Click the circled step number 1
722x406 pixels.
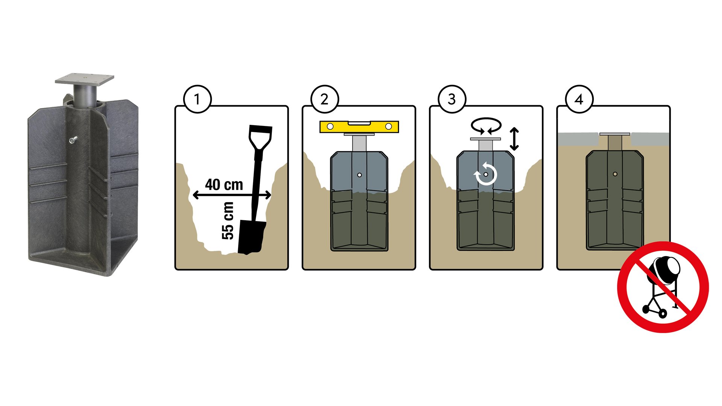(x=197, y=99)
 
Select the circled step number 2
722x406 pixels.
(x=325, y=99)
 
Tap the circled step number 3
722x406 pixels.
(x=452, y=99)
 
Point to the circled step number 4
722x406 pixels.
(x=579, y=99)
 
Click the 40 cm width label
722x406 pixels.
(x=224, y=185)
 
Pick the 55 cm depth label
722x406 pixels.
(x=228, y=221)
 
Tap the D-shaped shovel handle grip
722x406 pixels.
(x=260, y=138)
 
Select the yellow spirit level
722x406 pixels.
(x=359, y=127)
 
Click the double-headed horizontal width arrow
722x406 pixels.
(x=232, y=195)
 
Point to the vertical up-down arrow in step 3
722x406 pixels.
(x=514, y=139)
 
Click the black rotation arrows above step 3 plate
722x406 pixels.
(x=487, y=126)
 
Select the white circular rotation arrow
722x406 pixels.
(x=486, y=174)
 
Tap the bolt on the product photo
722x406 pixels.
(x=73, y=140)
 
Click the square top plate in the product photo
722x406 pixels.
(x=85, y=78)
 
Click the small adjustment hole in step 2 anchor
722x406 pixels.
(x=359, y=175)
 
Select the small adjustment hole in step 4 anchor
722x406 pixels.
(x=615, y=174)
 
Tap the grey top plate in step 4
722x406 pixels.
(x=615, y=134)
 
